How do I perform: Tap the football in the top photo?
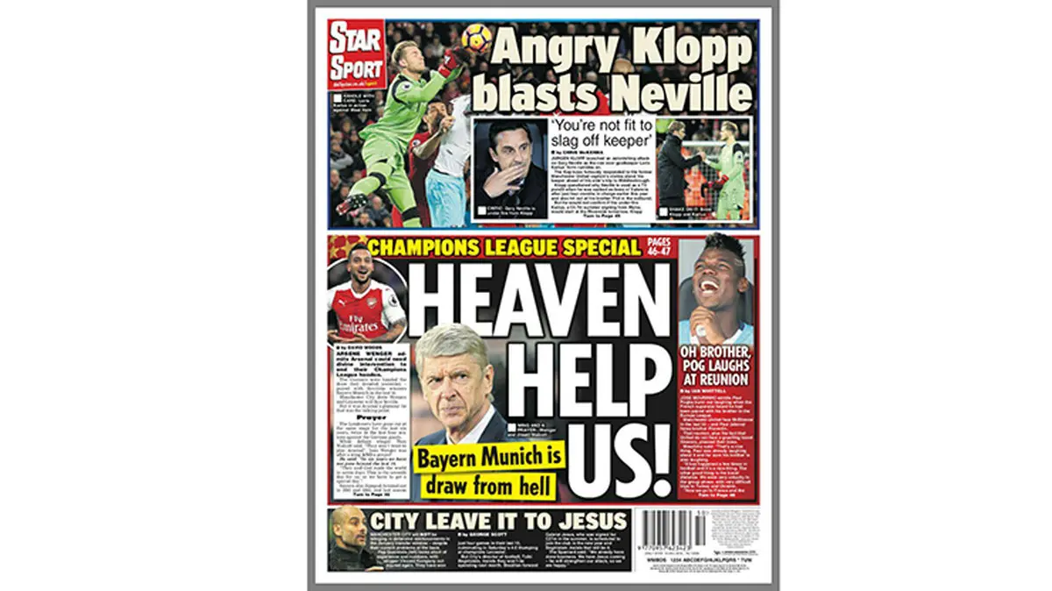coord(476,38)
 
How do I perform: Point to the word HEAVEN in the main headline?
coord(542,295)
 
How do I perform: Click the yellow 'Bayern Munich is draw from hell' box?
coord(487,471)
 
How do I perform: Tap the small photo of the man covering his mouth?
coord(511,166)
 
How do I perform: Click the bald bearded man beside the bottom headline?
coord(349,536)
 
